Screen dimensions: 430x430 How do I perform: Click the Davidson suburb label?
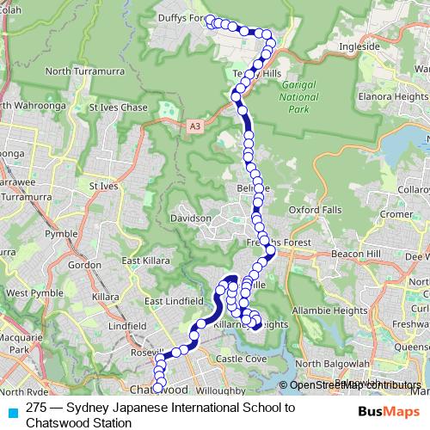click(191, 218)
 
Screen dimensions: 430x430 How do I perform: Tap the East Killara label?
click(143, 261)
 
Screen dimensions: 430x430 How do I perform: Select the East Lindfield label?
click(173, 301)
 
